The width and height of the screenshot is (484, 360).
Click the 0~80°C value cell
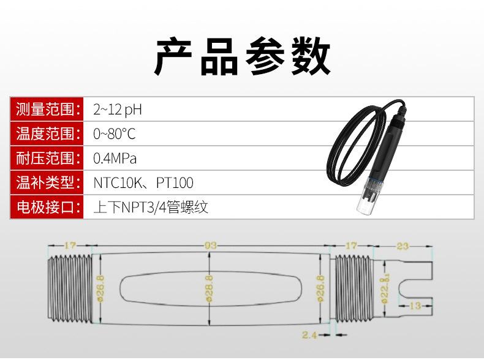coord(114,133)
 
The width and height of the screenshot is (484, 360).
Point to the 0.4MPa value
coord(115,158)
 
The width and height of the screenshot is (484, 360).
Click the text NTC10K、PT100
coord(143,182)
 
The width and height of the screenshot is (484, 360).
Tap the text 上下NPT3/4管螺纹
coord(151,207)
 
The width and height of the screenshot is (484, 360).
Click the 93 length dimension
coord(210,246)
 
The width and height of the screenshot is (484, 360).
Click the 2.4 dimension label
coord(309,334)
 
